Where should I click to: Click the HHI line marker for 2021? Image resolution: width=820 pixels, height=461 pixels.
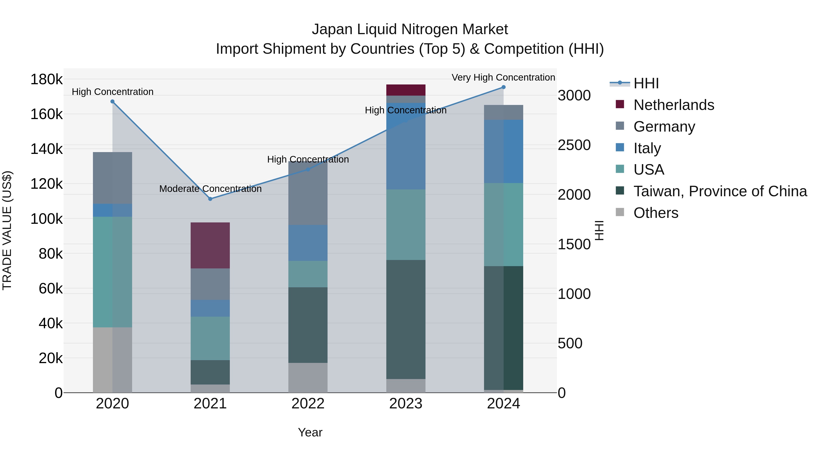point(210,199)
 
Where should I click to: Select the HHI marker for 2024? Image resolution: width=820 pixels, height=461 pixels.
point(503,87)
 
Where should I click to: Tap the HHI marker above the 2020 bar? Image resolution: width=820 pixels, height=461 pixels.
point(112,102)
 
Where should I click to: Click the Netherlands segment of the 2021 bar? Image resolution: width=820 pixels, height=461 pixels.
point(210,245)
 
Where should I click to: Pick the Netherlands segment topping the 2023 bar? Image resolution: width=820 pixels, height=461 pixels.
point(406,90)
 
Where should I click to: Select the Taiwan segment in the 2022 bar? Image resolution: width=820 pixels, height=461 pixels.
point(308,325)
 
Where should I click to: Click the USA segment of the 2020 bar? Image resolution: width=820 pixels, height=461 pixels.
point(112,272)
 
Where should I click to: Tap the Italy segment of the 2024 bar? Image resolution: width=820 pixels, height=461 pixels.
point(503,151)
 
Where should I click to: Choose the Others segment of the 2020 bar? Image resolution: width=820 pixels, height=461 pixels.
point(112,360)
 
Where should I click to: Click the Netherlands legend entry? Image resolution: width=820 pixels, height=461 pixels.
point(674,105)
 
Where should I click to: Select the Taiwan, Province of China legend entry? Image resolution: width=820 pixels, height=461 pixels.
point(720,191)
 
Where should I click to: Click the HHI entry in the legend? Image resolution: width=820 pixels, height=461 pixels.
point(646,83)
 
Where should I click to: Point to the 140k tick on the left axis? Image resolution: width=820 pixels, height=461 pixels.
point(46,149)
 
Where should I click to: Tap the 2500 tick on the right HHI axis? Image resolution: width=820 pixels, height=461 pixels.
point(574,145)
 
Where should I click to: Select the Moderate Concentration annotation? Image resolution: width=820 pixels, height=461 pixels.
point(210,189)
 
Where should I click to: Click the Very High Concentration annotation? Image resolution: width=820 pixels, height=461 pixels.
point(503,77)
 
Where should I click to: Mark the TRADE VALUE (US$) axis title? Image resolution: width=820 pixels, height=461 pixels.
point(7,230)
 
